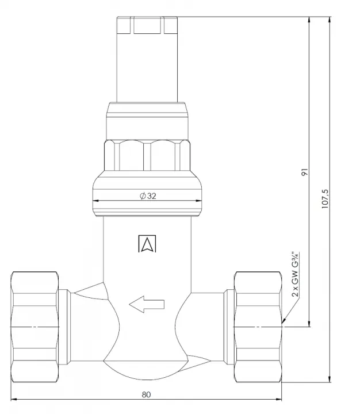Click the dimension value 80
[146, 394]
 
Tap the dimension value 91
[305, 172]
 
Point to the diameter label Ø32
[148, 196]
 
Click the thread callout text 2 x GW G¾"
[295, 275]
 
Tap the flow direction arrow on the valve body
[147, 304]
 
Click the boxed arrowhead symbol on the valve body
[147, 243]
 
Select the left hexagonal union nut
[35, 327]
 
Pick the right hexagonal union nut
[258, 327]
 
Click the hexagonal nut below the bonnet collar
[147, 155]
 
